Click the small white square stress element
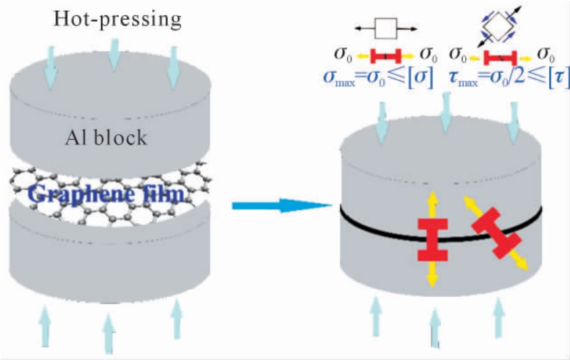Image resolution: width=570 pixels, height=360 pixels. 384,29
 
